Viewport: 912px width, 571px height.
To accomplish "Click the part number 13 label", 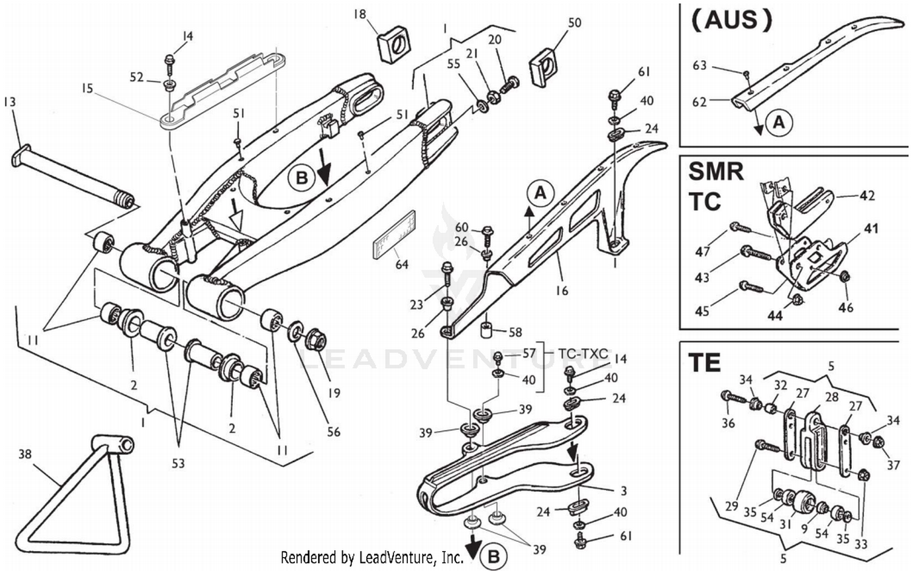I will pyautogui.click(x=9, y=102).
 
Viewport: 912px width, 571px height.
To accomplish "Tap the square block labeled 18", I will pyautogui.click(x=393, y=44).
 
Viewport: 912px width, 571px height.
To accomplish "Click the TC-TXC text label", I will pyautogui.click(x=583, y=353).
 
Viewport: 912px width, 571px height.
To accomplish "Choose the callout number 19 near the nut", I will pyautogui.click(x=334, y=393).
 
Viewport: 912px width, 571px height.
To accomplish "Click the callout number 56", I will pyautogui.click(x=334, y=432).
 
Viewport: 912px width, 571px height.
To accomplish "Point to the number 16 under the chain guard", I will pyautogui.click(x=561, y=291).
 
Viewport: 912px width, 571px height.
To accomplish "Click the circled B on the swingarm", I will pyautogui.click(x=301, y=178).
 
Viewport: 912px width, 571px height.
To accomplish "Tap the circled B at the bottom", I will pyautogui.click(x=494, y=556).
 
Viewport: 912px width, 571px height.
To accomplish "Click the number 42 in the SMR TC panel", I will pyautogui.click(x=867, y=196).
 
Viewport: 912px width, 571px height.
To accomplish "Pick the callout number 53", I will pyautogui.click(x=178, y=463).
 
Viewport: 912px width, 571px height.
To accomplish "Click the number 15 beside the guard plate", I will pyautogui.click(x=87, y=89).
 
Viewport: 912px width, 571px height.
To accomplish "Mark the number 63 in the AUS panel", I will pyautogui.click(x=699, y=65).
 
